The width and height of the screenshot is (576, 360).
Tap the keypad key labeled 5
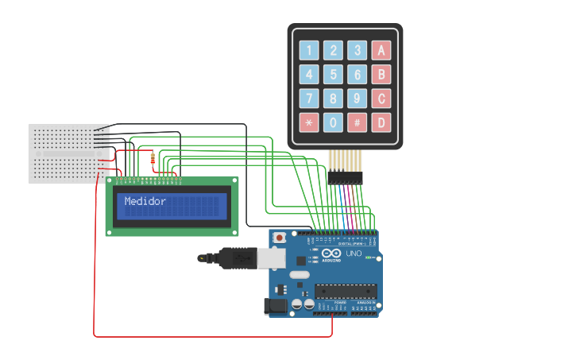point(334,75)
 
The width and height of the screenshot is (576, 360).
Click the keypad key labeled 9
point(358,99)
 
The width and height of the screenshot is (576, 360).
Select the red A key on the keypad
point(382,51)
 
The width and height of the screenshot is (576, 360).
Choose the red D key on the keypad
point(382,123)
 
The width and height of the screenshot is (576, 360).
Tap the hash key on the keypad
point(358,123)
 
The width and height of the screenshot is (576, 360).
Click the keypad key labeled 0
point(334,123)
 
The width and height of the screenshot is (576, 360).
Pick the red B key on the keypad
point(382,75)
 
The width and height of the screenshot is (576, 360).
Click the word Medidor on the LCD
point(145,202)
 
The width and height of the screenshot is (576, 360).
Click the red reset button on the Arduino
point(280,238)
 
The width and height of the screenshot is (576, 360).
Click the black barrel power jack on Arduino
point(275,304)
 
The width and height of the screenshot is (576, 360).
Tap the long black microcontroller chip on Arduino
point(345,292)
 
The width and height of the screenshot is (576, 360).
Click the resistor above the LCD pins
point(152,160)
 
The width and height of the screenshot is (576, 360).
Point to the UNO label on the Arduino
point(354,254)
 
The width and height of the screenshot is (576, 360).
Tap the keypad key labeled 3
point(358,51)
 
